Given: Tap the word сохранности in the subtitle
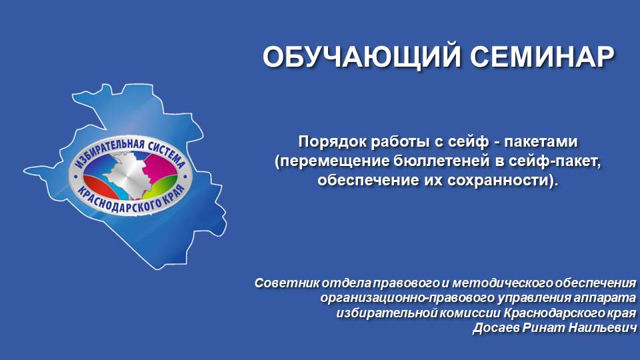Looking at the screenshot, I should coord(507,180).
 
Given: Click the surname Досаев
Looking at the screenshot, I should coord(495,328).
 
